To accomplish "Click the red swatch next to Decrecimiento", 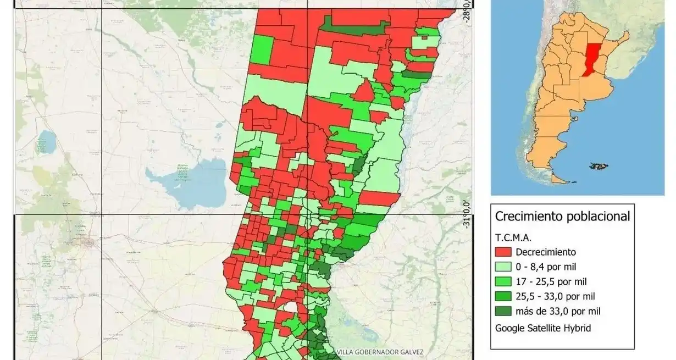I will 503,252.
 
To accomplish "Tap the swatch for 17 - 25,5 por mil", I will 503,281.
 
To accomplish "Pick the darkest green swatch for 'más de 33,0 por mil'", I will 503,311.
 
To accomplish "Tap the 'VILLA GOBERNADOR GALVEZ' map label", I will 380,352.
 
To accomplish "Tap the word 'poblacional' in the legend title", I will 596,217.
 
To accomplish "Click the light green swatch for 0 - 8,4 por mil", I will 503,267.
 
